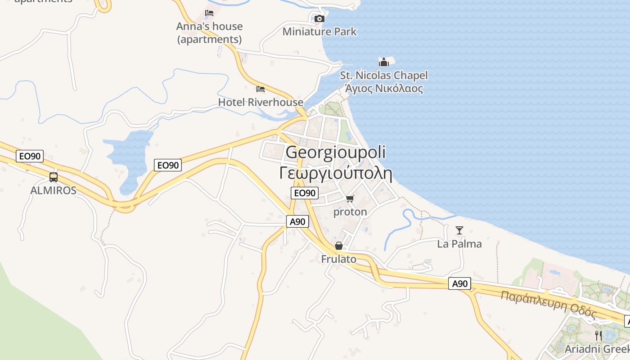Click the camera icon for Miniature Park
pyautogui.click(x=319, y=18)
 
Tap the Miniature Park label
pyautogui.click(x=319, y=31)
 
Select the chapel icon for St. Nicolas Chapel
pyautogui.click(x=383, y=62)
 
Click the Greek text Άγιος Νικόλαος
pyautogui.click(x=384, y=88)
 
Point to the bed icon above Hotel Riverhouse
pyautogui.click(x=261, y=89)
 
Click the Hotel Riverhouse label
pyautogui.click(x=261, y=102)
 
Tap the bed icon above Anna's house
pyautogui.click(x=209, y=13)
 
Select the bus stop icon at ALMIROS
pyautogui.click(x=54, y=177)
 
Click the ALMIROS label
pyautogui.click(x=53, y=190)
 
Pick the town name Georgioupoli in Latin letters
pyautogui.click(x=335, y=153)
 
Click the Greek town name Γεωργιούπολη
pyautogui.click(x=336, y=173)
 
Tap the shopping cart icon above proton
pyautogui.click(x=350, y=198)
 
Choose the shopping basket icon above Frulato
pyautogui.click(x=339, y=246)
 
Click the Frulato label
pyautogui.click(x=339, y=259)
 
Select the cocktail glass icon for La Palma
pyautogui.click(x=459, y=230)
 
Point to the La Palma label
pyautogui.click(x=459, y=244)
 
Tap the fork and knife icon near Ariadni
pyautogui.click(x=598, y=335)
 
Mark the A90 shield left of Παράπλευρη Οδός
pyautogui.click(x=460, y=283)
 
